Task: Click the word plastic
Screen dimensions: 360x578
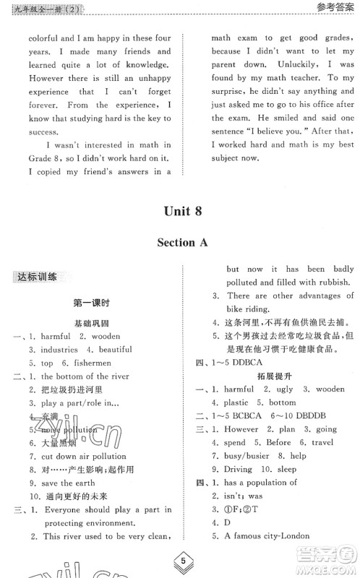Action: pos(239,402)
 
